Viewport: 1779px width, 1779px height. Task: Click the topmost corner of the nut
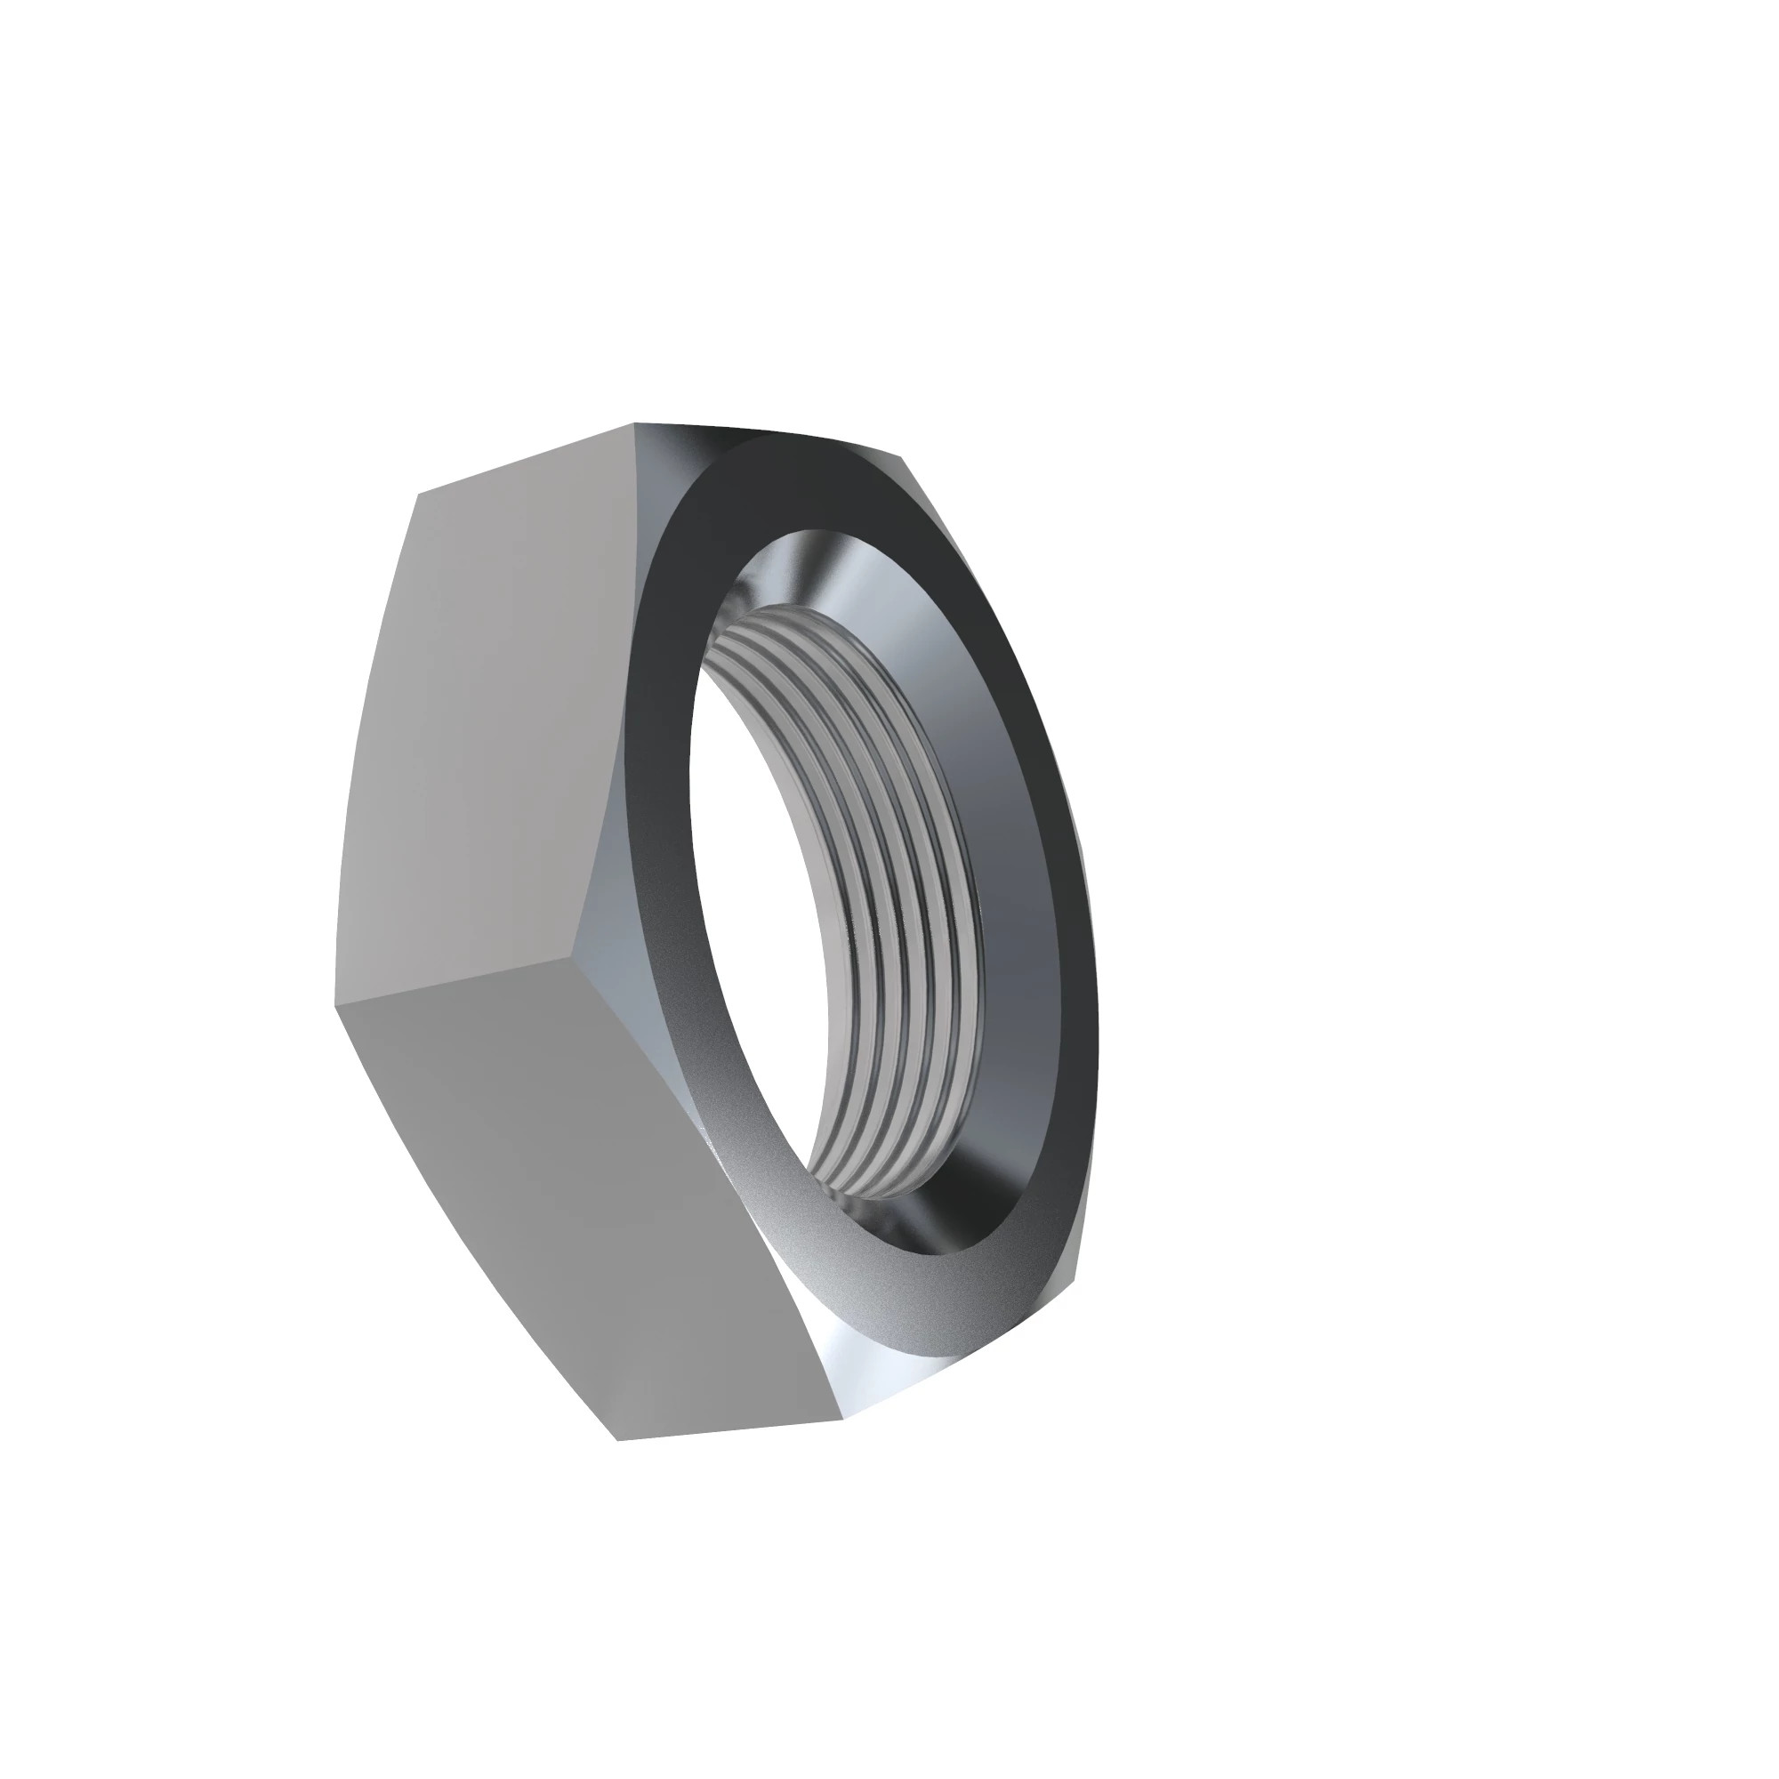click(x=635, y=424)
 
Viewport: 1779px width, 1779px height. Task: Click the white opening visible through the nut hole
click(x=764, y=921)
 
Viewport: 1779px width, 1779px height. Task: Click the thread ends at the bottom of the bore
click(x=865, y=1179)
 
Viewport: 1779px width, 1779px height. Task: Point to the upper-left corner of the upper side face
click(x=419, y=495)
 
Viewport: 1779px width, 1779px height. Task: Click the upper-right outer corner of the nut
click(x=900, y=456)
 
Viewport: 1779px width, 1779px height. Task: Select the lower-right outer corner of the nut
click(x=1073, y=1276)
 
